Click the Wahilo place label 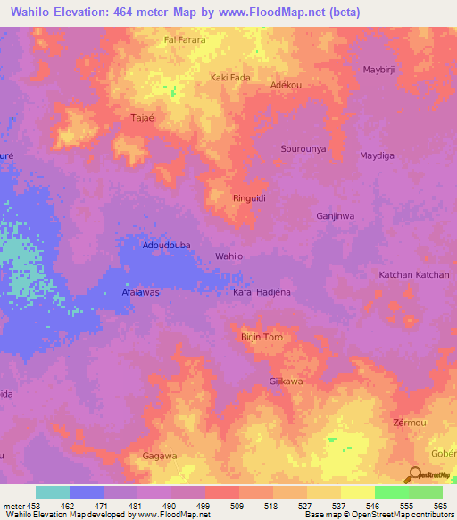pos(229,256)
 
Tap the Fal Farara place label pos(185,40)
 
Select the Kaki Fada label pos(229,78)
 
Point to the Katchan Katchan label pos(414,274)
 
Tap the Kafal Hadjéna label pos(262,292)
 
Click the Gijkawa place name pos(287,382)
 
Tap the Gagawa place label pos(160,456)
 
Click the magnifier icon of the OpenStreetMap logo pos(413,475)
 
